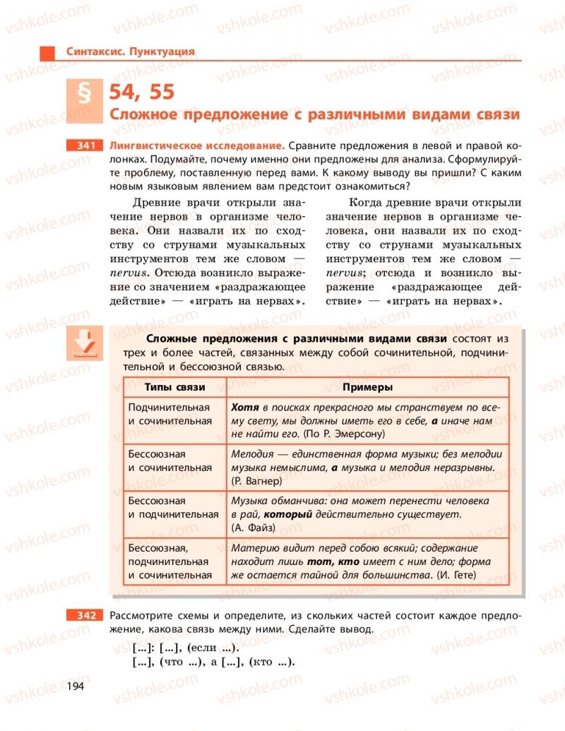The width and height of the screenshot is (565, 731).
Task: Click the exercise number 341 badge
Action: point(83,145)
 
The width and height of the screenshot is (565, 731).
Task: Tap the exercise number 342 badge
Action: point(83,616)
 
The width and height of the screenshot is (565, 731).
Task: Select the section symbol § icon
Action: point(83,97)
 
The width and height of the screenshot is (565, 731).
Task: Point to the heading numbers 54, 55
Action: point(141,93)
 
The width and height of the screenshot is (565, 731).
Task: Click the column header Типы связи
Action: point(174,388)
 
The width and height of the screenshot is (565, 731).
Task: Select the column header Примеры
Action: point(367,388)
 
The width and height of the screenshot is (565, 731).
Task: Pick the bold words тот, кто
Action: point(333,561)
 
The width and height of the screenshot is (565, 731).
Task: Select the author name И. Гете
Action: point(456,575)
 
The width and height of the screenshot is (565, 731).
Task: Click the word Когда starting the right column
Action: point(350,203)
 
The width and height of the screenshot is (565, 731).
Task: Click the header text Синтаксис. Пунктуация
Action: point(130,52)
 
